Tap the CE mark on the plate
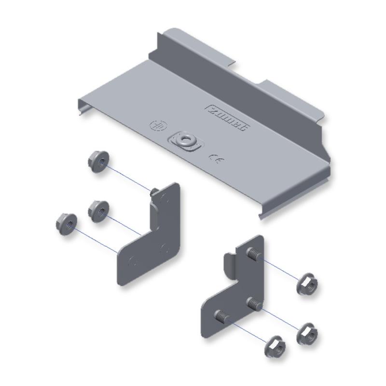pyautogui.click(x=215, y=158)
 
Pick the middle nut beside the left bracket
pyautogui.click(x=99, y=210)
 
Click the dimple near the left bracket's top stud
pyautogui.click(x=166, y=197)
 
